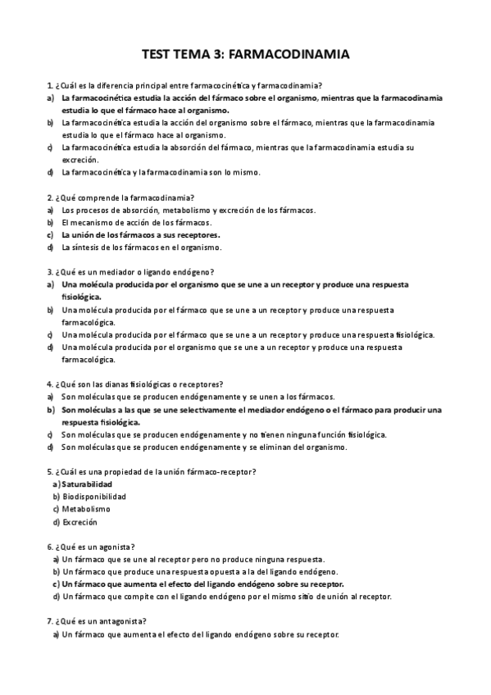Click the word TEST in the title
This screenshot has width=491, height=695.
click(x=157, y=55)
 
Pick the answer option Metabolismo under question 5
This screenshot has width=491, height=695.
click(x=85, y=509)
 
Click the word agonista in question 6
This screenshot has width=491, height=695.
click(x=114, y=547)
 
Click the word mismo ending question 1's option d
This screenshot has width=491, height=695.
click(x=245, y=172)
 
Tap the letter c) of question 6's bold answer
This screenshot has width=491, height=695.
click(x=56, y=584)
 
